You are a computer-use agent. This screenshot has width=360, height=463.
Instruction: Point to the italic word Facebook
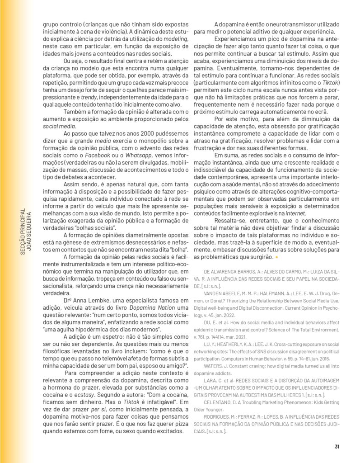(x=95, y=155)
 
